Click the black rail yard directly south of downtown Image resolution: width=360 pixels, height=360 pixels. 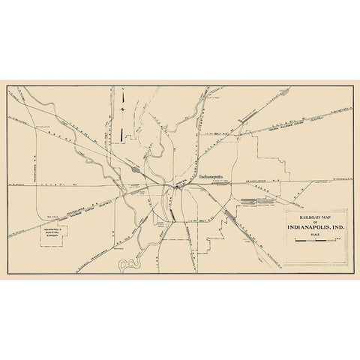coord(173,214)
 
